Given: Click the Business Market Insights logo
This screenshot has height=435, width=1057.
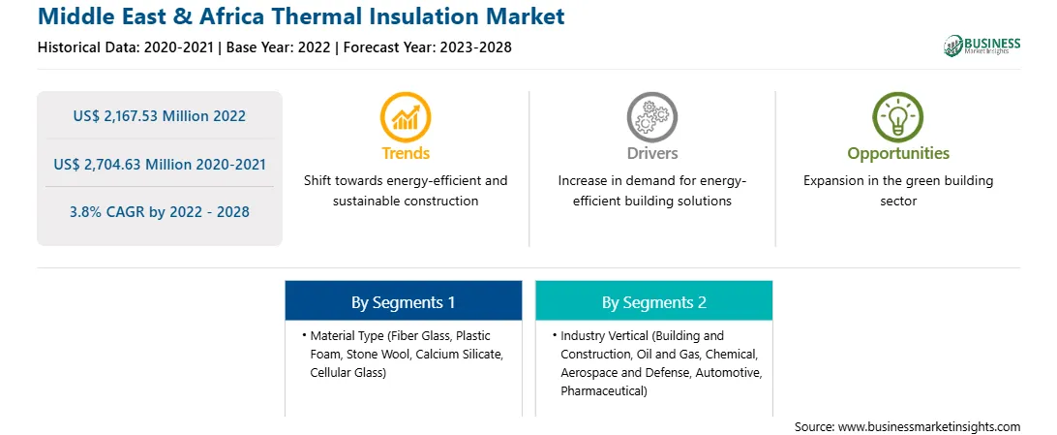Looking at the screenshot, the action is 981,46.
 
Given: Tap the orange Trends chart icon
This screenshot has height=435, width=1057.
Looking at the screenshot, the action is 406,116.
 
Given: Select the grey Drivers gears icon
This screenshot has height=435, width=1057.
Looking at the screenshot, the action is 651,116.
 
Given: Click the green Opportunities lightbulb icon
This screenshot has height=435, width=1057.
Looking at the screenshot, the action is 898,116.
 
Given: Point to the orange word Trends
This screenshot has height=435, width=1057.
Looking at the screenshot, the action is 406,153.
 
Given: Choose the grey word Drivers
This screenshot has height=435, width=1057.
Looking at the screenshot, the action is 651,153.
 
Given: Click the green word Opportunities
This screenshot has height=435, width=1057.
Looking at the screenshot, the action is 898,154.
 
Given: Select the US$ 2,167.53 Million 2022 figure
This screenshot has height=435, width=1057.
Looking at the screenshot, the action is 159,116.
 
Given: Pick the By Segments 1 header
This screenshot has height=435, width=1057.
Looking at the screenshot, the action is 403,303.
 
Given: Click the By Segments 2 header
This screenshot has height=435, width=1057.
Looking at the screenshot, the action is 654,303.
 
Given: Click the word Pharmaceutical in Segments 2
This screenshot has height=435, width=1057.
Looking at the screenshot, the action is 601,390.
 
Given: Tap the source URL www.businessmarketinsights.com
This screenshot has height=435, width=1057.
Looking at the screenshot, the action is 929,426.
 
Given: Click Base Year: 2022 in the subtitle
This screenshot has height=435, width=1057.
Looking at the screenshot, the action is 279,47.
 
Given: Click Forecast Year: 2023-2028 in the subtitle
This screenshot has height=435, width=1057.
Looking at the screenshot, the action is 426,47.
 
